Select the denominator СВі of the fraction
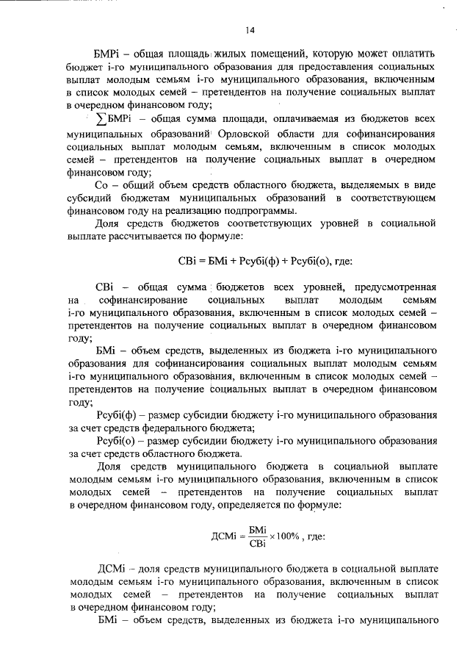coord(258,543)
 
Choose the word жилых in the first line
coord(222,54)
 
